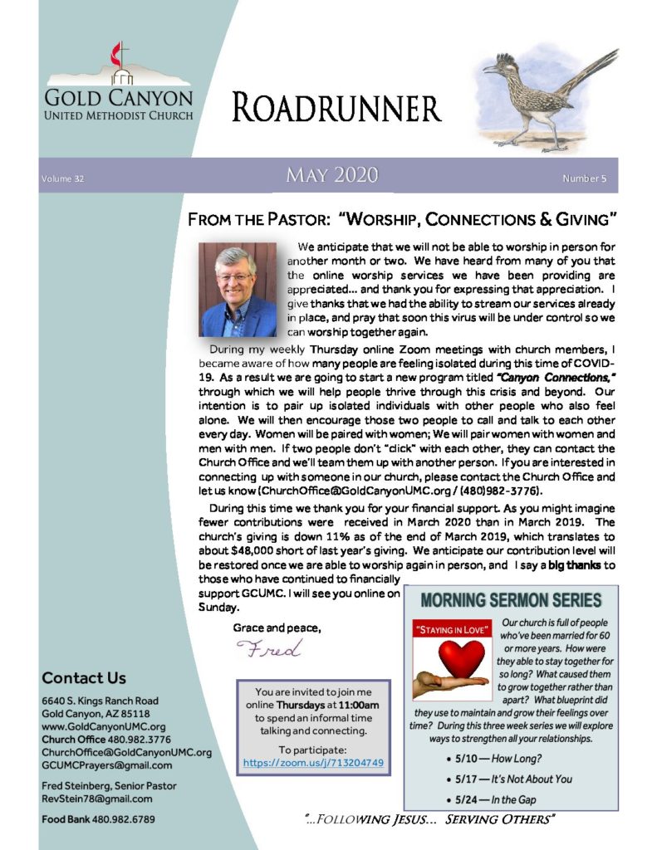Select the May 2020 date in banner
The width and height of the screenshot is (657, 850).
tap(331, 175)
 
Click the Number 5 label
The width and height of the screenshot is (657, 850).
tap(585, 178)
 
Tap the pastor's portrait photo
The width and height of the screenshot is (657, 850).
tap(237, 289)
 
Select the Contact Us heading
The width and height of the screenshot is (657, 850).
tap(84, 678)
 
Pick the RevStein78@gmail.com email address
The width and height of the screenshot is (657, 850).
tap(97, 799)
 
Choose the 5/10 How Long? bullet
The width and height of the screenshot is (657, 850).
tap(489, 759)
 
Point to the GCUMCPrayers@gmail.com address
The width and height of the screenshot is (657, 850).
tap(107, 765)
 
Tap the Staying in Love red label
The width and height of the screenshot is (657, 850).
tap(445, 630)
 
